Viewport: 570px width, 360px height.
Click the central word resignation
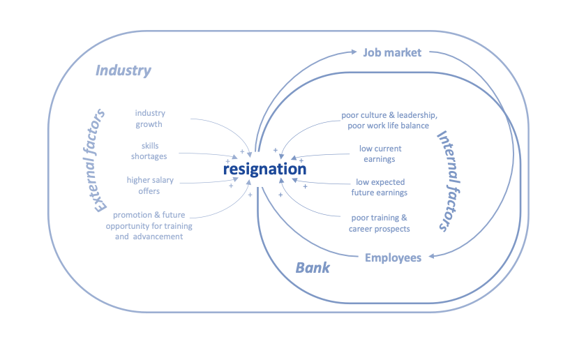tap(264, 169)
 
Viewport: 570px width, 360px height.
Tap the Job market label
tap(391, 52)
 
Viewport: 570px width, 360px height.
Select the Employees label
tap(393, 258)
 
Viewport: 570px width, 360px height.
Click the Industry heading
tap(123, 70)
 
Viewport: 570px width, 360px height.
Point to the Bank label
tap(312, 268)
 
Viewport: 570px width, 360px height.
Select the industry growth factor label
tap(150, 119)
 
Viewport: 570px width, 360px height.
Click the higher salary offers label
tap(150, 186)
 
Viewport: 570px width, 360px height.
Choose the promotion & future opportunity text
tap(149, 225)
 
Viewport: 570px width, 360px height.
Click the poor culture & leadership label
tap(389, 120)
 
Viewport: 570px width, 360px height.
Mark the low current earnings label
tap(380, 153)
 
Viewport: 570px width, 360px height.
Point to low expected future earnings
tap(381, 188)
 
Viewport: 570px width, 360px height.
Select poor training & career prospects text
tap(380, 223)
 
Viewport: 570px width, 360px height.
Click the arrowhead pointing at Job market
tap(355, 52)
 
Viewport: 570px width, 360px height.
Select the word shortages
tap(149, 156)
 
